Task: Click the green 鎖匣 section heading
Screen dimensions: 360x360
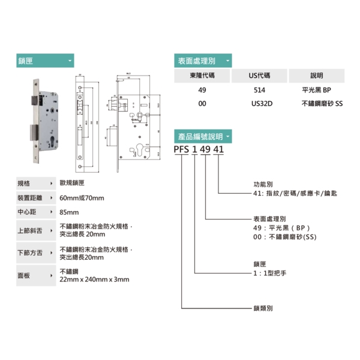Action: click(x=45, y=61)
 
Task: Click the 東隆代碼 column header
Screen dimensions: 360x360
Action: click(x=201, y=76)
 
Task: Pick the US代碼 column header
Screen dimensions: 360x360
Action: click(x=259, y=76)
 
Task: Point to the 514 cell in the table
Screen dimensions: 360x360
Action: click(x=259, y=91)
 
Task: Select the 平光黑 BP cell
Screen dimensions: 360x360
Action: click(x=317, y=91)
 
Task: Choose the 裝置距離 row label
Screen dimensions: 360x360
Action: click(x=29, y=198)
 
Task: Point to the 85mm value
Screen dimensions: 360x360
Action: click(x=70, y=212)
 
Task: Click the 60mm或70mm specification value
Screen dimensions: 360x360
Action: click(x=82, y=198)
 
